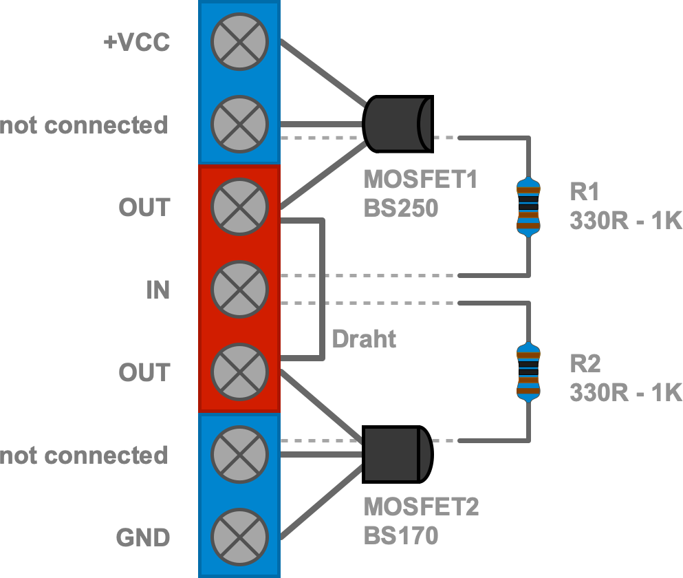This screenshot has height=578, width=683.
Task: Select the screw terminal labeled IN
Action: (x=239, y=289)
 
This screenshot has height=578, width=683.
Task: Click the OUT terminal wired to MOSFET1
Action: (x=239, y=206)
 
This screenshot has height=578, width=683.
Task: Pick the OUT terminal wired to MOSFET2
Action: (x=239, y=372)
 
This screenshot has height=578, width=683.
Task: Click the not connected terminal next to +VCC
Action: (x=239, y=124)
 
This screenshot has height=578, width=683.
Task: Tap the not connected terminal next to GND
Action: (x=239, y=454)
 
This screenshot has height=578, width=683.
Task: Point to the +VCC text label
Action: (x=135, y=43)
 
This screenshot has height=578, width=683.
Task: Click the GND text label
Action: (x=143, y=537)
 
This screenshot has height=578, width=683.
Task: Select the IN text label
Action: (x=158, y=290)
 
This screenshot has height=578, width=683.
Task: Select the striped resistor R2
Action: (x=528, y=372)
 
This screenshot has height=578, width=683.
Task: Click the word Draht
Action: (x=364, y=339)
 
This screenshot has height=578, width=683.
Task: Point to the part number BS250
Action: (x=401, y=208)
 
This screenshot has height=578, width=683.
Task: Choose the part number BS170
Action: (x=401, y=535)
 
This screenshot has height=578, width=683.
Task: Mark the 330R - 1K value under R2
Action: (x=625, y=392)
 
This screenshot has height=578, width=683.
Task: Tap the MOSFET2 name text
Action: (x=421, y=507)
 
